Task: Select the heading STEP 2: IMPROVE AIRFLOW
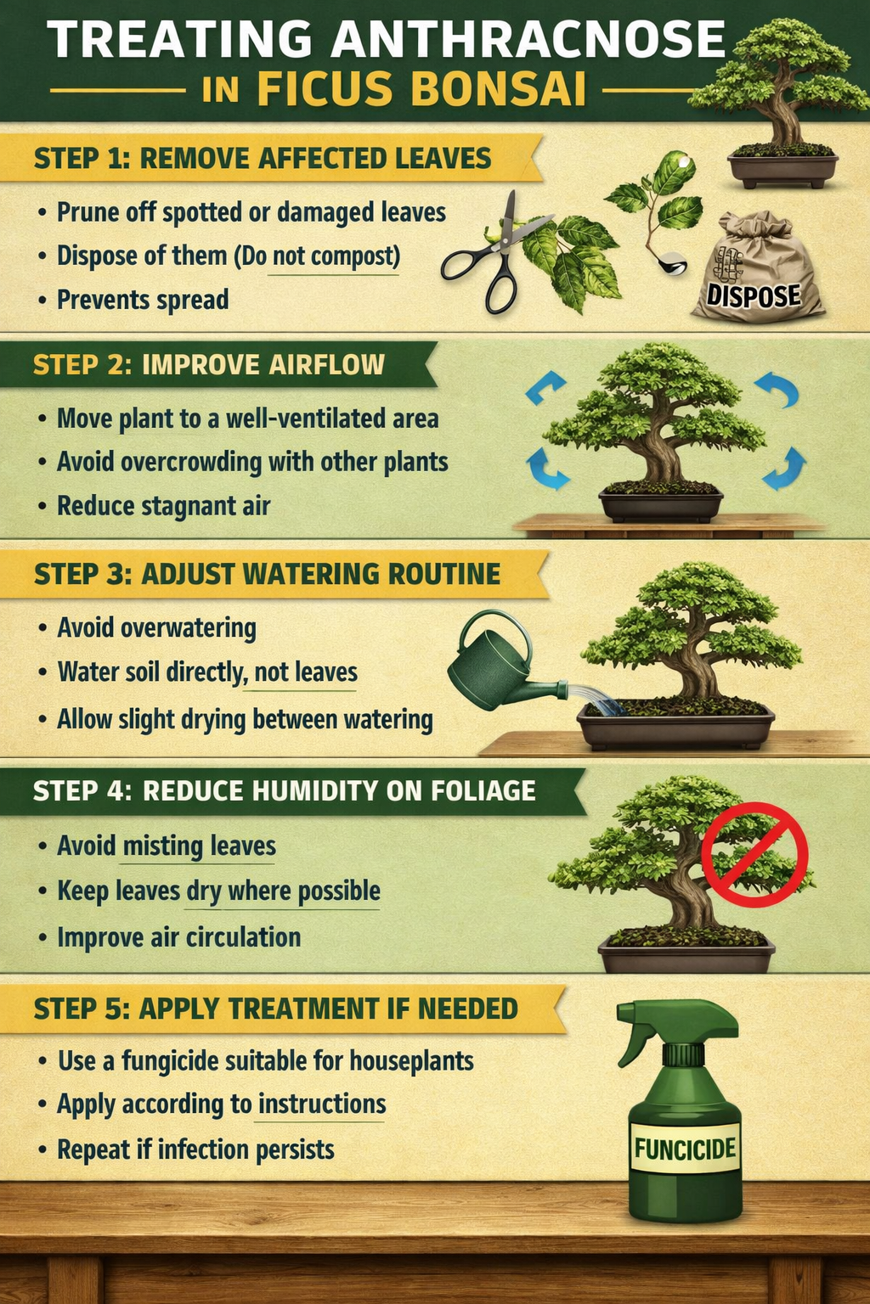point(209,365)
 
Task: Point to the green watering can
point(497,666)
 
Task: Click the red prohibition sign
point(754,854)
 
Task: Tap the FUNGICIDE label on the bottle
point(685,1149)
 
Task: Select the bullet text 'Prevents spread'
point(143,300)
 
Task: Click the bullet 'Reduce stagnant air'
point(163,506)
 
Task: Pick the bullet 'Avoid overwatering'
point(156,628)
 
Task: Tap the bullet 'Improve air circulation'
point(178,937)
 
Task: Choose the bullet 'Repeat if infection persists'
point(195,1149)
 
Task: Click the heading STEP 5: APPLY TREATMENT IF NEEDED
point(276,1009)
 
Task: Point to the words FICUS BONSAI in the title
point(421,89)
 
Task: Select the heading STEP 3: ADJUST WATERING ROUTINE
point(267,574)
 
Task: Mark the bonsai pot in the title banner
point(782,167)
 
